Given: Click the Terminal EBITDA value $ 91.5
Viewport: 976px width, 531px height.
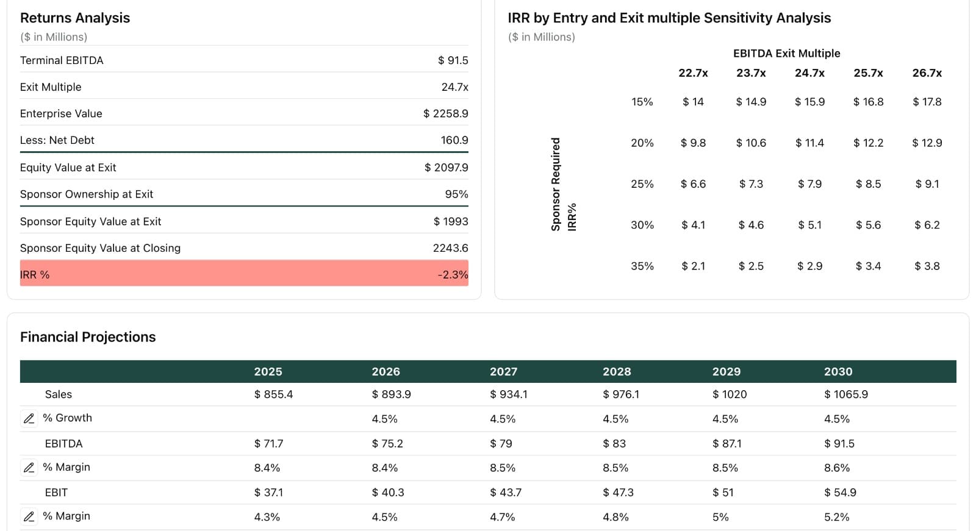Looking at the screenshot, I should (453, 60).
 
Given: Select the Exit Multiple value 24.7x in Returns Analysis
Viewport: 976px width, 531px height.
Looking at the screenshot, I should (454, 87).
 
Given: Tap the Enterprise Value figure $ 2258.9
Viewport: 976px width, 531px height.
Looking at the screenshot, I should (445, 114).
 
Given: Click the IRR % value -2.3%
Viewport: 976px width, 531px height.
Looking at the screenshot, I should (453, 275).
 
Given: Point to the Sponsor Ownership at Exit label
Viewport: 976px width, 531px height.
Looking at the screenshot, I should (87, 194).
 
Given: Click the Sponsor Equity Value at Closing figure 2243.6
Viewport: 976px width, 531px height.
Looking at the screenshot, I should (450, 248).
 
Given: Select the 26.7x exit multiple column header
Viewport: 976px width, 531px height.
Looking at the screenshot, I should (927, 73).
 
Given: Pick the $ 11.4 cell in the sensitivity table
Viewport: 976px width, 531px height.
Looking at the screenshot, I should (809, 143).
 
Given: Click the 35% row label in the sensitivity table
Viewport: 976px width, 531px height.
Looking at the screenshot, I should (642, 266).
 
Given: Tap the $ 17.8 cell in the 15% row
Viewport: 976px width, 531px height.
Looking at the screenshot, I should (927, 102).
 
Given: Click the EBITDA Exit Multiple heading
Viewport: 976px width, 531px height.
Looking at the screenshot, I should (786, 54).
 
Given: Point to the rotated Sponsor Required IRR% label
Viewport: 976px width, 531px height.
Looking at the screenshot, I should (563, 185).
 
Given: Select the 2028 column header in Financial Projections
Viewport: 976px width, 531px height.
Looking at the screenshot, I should (617, 372).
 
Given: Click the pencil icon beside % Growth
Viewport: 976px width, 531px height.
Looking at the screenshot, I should (29, 419).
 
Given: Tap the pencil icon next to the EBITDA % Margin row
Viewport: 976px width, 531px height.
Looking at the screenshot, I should (29, 468).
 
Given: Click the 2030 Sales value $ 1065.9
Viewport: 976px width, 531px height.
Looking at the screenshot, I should (845, 394).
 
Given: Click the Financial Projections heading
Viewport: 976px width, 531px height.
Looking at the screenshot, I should (88, 337).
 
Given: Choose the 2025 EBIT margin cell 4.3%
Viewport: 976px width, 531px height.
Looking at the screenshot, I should (267, 517).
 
